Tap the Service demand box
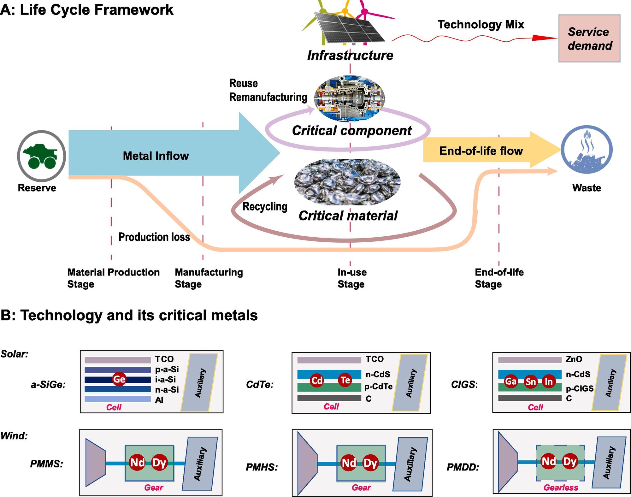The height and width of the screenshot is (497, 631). (x=589, y=38)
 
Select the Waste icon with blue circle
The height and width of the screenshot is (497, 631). (x=587, y=150)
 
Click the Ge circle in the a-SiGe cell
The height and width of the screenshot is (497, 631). (x=119, y=379)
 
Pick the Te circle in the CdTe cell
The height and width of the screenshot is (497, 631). (x=345, y=380)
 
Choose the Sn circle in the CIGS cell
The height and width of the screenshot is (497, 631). (x=530, y=382)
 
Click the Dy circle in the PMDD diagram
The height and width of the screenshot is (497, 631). (x=569, y=462)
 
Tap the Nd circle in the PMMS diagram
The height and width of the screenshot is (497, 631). (x=137, y=463)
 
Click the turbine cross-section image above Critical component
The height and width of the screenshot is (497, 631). (x=350, y=98)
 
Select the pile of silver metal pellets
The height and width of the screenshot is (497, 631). (x=347, y=182)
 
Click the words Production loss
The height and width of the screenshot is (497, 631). (x=154, y=237)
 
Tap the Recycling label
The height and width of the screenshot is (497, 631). (x=265, y=206)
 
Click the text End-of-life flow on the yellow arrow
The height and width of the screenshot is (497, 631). (x=481, y=151)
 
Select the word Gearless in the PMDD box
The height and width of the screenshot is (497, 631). (x=561, y=488)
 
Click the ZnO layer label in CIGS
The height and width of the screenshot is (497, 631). (x=574, y=359)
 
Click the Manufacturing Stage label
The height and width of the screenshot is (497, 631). (x=209, y=278)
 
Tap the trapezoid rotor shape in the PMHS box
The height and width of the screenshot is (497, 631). (x=307, y=463)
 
